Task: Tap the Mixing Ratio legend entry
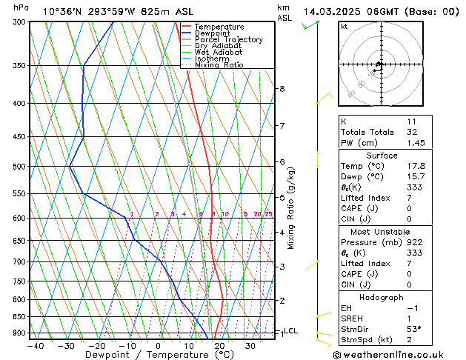[x=219, y=65]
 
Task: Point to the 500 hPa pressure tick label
[x=19, y=167]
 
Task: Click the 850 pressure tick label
[x=19, y=317]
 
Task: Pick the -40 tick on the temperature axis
[x=35, y=345]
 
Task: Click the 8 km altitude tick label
[x=282, y=89]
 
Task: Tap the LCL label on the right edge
[x=291, y=331]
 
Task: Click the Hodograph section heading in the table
[x=381, y=296]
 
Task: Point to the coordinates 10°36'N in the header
[x=62, y=11]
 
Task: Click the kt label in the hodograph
[x=344, y=27]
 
